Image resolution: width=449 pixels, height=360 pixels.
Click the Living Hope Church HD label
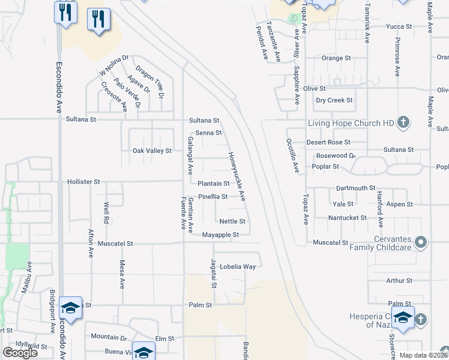pyautogui.click(x=351, y=124)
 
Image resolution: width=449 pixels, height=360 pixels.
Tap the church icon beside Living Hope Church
pyautogui.click(x=403, y=123)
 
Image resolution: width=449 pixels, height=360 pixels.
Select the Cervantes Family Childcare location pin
pyautogui.click(x=421, y=242)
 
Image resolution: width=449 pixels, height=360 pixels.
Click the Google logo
pyautogui.click(x=20, y=352)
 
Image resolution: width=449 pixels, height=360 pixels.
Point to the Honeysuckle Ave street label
pyautogui.click(x=237, y=176)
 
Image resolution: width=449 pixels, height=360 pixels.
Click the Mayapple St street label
pyautogui.click(x=220, y=235)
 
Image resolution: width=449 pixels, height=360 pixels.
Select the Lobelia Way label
pyautogui.click(x=238, y=266)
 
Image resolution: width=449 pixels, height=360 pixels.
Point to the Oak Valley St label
pyautogui.click(x=152, y=151)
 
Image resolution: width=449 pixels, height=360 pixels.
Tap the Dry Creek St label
pyautogui.click(x=334, y=101)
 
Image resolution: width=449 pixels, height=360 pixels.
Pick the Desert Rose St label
pyautogui.click(x=328, y=142)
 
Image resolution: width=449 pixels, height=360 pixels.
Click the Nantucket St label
pyautogui.click(x=347, y=217)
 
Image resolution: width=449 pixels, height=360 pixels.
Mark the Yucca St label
pyautogui.click(x=399, y=27)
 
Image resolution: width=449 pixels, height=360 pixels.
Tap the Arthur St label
pyautogui.click(x=400, y=280)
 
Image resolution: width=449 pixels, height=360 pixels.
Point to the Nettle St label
pyautogui.click(x=232, y=221)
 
